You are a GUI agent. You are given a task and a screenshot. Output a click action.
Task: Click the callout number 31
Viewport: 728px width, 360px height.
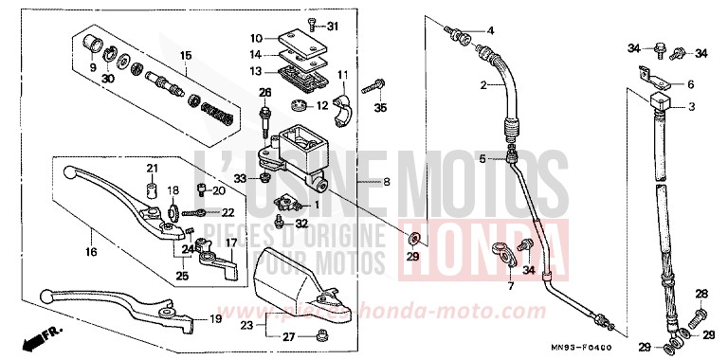coord(332,25)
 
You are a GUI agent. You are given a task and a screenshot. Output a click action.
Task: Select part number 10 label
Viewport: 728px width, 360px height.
coord(256,38)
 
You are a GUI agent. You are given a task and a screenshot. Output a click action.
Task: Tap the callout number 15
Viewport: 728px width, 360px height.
coord(186,54)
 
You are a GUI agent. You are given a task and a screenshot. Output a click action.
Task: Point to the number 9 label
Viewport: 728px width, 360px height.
coord(93,67)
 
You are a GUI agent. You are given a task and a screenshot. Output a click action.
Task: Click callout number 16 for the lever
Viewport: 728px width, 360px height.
coord(91,252)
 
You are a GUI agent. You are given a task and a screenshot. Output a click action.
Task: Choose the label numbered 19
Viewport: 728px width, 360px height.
coord(216,319)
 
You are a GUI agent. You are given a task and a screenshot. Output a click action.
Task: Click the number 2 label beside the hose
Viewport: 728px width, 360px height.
coord(482,85)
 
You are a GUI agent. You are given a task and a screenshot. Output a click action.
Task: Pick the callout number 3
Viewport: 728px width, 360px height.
coord(691,107)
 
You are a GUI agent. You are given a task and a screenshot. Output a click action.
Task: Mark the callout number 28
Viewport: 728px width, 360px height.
coord(701,294)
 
